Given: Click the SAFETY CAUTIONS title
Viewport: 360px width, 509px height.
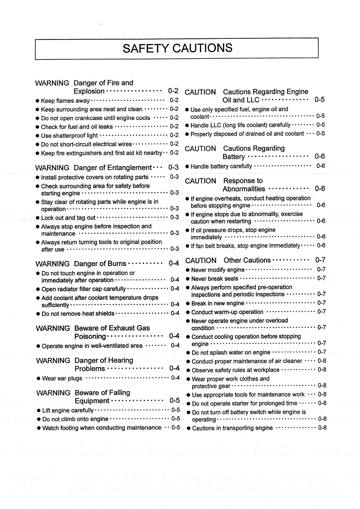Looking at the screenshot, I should tap(177, 48).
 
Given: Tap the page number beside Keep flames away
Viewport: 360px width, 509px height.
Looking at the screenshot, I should tap(174, 101).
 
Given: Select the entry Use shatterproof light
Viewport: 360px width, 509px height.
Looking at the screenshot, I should tap(69, 136).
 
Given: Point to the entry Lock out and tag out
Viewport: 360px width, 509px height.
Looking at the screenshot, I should tap(68, 218).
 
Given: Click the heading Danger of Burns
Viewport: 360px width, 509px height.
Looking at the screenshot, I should tap(100, 264).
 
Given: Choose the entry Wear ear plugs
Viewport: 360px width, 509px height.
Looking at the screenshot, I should tap(62, 378).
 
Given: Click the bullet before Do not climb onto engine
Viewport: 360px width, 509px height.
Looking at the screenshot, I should tap(39, 419).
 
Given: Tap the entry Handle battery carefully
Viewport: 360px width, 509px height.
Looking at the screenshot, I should tap(221, 166).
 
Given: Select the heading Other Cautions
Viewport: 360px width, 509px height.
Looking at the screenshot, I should tap(247, 260).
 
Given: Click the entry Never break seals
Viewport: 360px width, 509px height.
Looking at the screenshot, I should tap(215, 279).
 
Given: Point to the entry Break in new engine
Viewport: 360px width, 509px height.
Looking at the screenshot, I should tap(218, 303).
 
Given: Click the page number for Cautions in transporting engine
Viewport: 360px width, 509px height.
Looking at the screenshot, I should tap(322, 428).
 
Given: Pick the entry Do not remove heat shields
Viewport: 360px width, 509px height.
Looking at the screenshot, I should tap(78, 314).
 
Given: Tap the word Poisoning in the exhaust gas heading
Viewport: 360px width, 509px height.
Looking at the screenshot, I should tap(90, 336).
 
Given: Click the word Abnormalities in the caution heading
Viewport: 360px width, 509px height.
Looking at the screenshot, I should tap(244, 189).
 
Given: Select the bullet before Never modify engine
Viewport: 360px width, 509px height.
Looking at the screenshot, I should tap(188, 270).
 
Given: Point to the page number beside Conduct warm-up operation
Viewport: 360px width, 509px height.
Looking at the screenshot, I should tap(322, 312).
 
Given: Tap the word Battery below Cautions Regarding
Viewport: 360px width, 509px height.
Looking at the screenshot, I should tap(234, 157).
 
